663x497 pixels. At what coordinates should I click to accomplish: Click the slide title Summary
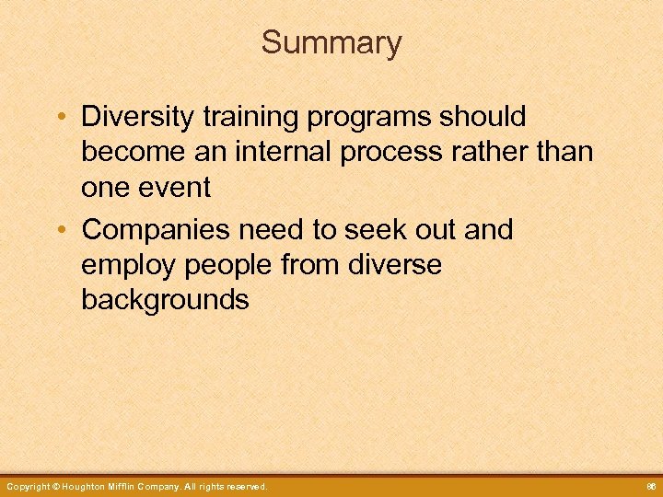331,43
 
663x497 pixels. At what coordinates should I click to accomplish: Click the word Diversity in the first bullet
137,117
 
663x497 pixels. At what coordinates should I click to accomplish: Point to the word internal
286,152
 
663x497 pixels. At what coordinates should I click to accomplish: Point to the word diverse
397,265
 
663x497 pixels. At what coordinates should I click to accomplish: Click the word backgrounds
165,300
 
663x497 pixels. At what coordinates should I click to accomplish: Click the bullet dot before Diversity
59,118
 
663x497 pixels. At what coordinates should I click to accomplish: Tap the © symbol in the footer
55,486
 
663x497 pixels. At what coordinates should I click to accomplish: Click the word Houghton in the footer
87,486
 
